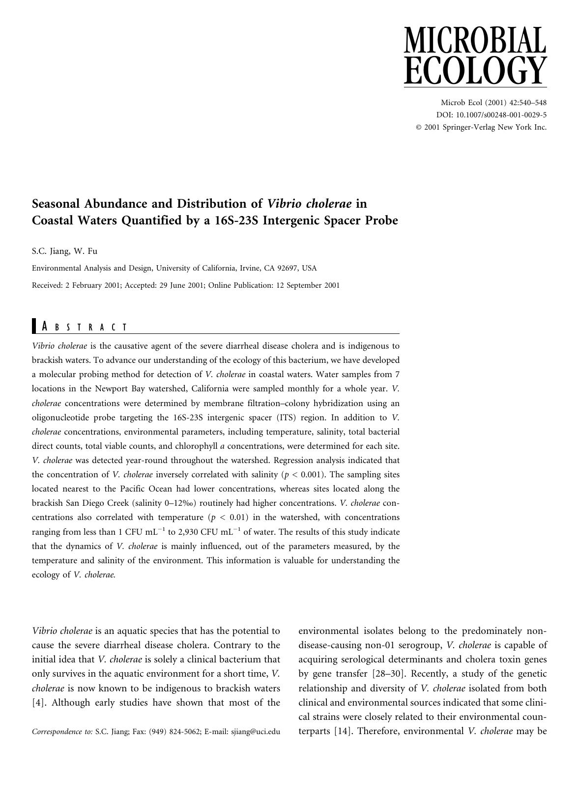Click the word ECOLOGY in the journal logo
(x=475, y=71)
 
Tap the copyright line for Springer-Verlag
(x=481, y=127)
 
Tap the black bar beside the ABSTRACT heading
(x=34, y=327)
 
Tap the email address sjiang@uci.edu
(x=255, y=732)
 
